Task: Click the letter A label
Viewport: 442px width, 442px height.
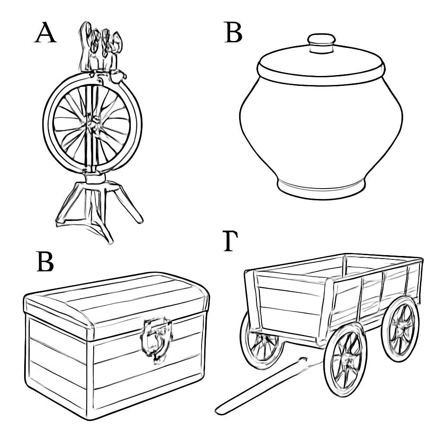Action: (x=45, y=33)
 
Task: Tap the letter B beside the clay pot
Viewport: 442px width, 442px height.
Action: (x=233, y=33)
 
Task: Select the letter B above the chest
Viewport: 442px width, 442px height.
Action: (x=45, y=262)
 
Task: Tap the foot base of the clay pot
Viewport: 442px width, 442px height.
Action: (x=321, y=189)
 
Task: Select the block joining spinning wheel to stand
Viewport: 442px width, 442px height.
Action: (x=95, y=178)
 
